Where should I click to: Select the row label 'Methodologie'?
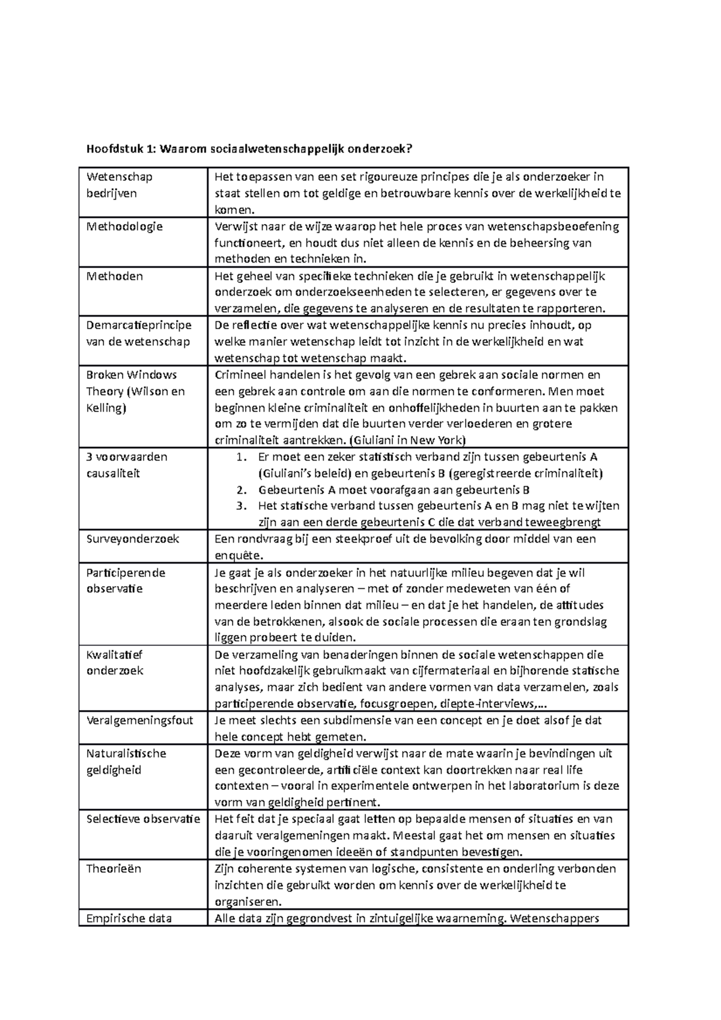[x=124, y=226]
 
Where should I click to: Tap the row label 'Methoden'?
[x=115, y=276]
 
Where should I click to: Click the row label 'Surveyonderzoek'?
[x=132, y=539]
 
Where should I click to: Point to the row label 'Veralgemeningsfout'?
[x=140, y=720]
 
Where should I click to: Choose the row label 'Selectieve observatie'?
[x=143, y=819]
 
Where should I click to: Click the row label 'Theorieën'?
[x=113, y=869]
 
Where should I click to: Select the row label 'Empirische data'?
[x=129, y=918]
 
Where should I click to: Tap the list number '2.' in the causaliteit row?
[x=242, y=490]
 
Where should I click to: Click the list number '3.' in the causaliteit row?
[x=242, y=506]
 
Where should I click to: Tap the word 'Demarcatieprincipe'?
[x=139, y=325]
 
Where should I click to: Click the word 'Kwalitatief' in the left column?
[x=114, y=655]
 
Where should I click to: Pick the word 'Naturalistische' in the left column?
[x=126, y=753]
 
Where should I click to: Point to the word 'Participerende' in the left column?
[x=126, y=572]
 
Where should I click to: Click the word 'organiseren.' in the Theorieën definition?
[x=248, y=902]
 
